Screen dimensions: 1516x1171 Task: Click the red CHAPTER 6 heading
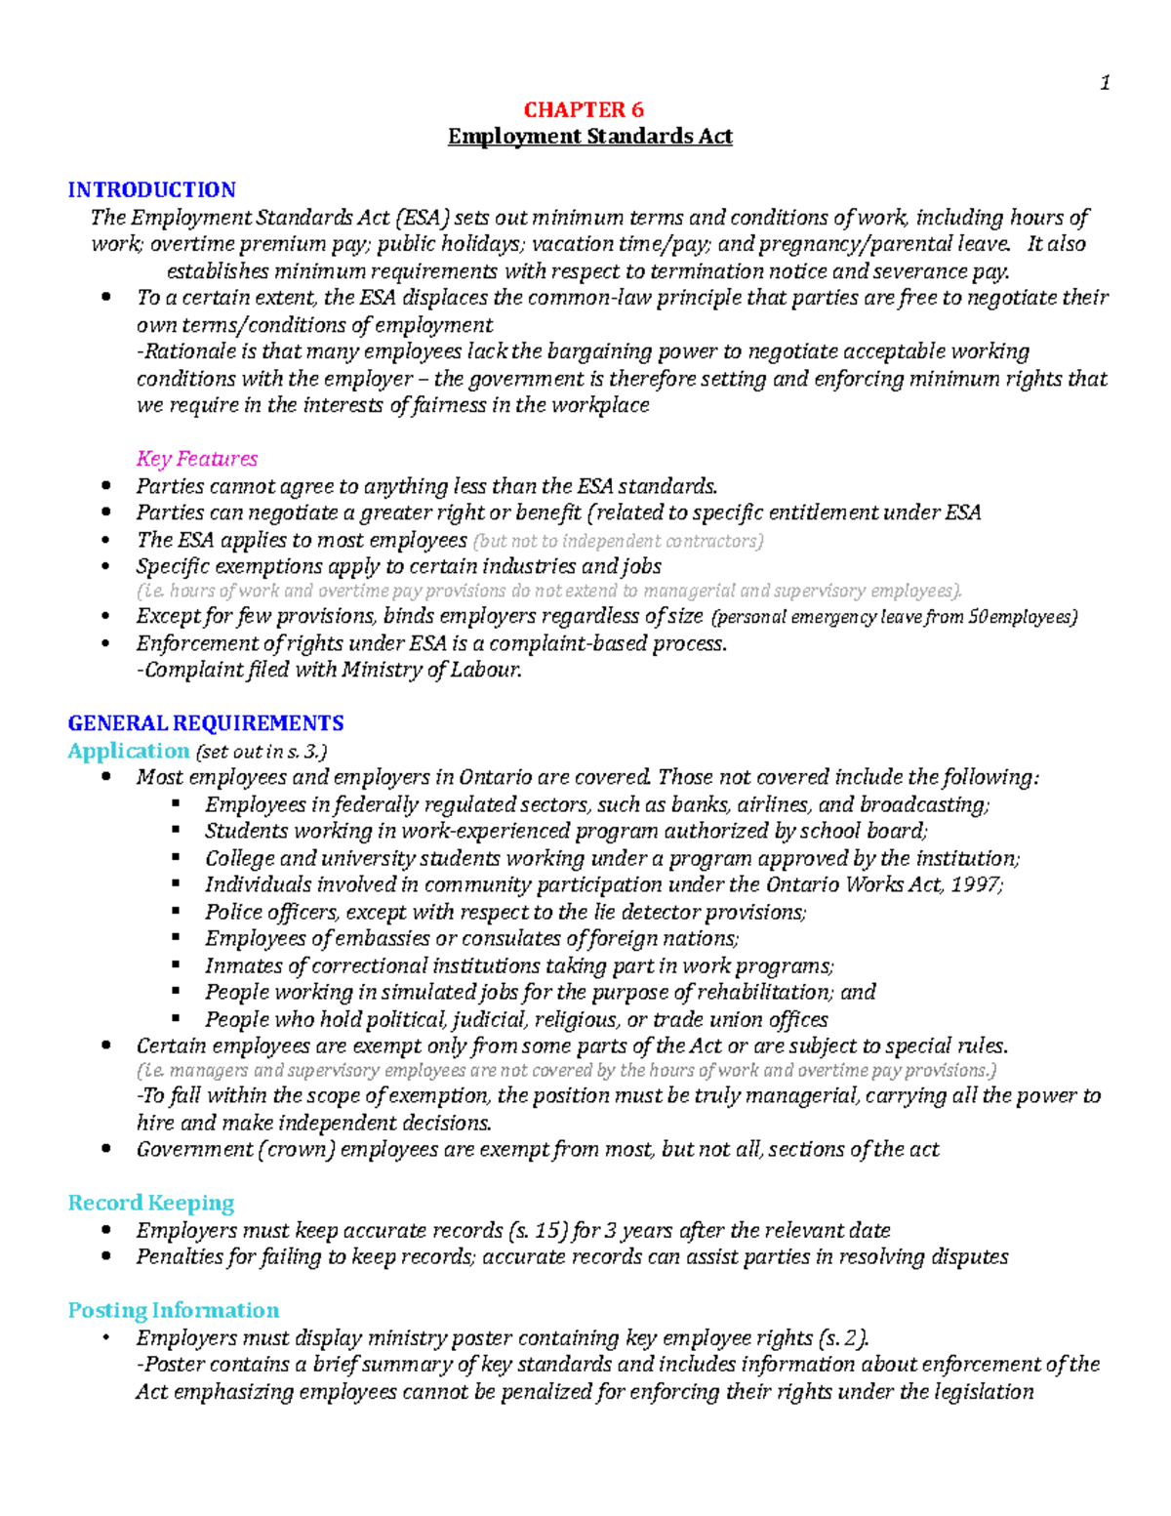point(584,109)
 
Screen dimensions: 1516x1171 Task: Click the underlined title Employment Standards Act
point(589,137)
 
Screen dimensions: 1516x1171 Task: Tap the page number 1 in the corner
point(1105,83)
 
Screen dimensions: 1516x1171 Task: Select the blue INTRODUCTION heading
point(151,189)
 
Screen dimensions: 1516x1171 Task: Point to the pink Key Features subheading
point(196,459)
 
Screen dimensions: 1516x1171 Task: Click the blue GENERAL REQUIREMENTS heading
point(205,723)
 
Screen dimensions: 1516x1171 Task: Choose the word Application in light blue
point(128,751)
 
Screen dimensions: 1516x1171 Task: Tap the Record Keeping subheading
point(150,1203)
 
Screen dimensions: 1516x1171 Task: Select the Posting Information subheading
point(173,1310)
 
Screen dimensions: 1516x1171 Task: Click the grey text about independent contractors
point(618,541)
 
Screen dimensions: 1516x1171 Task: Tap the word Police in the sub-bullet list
point(233,912)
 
